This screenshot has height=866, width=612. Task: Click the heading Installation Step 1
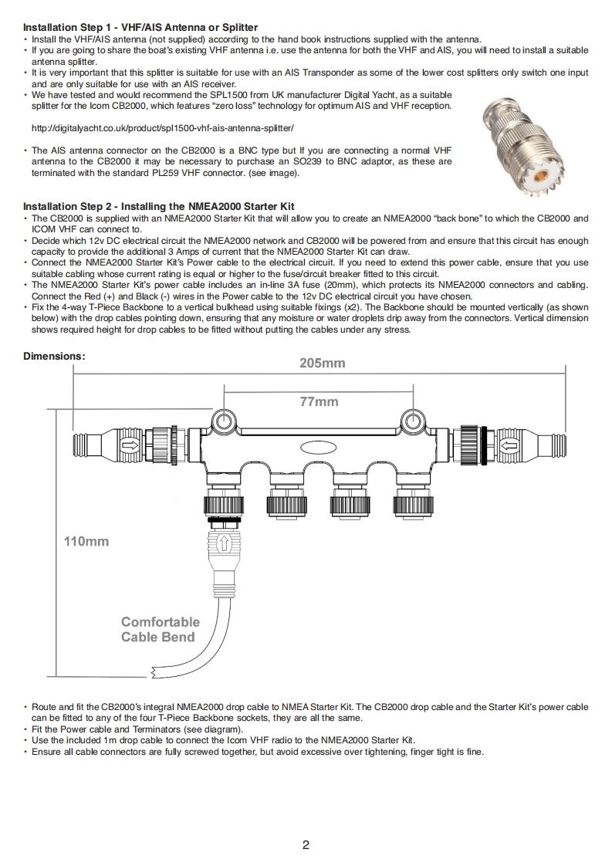140,28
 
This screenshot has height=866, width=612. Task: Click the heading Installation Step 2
158,207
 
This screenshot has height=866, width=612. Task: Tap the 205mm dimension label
322,363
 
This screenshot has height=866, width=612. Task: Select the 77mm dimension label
319,401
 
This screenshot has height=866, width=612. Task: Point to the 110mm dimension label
86,541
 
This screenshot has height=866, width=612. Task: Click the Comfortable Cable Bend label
160,629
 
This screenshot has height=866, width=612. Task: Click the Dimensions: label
54,356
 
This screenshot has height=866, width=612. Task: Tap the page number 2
306,844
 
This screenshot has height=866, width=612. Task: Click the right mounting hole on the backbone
411,420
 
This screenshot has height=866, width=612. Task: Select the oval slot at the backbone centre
317,446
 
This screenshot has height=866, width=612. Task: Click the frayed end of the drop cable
158,668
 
